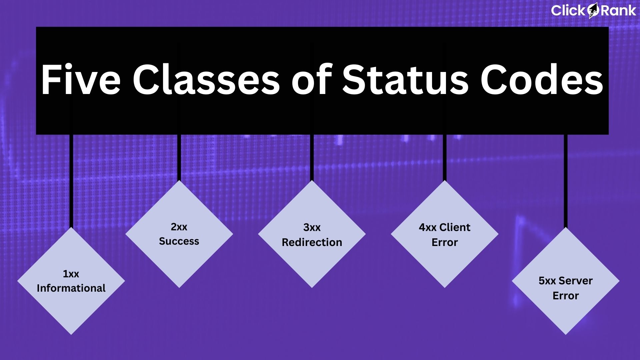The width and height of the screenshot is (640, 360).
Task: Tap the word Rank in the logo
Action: click(x=618, y=11)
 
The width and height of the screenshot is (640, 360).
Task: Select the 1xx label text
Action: click(x=71, y=274)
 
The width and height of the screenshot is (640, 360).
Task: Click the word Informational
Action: click(x=71, y=288)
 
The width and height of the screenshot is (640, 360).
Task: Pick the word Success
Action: click(x=179, y=241)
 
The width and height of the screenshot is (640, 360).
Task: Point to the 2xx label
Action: click(x=179, y=227)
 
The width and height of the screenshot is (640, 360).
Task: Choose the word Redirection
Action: click(x=312, y=242)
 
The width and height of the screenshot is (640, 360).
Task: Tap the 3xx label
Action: click(x=312, y=227)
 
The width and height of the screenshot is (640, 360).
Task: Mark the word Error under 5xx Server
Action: click(x=566, y=296)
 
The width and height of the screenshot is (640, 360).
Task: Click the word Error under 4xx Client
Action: click(x=445, y=242)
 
